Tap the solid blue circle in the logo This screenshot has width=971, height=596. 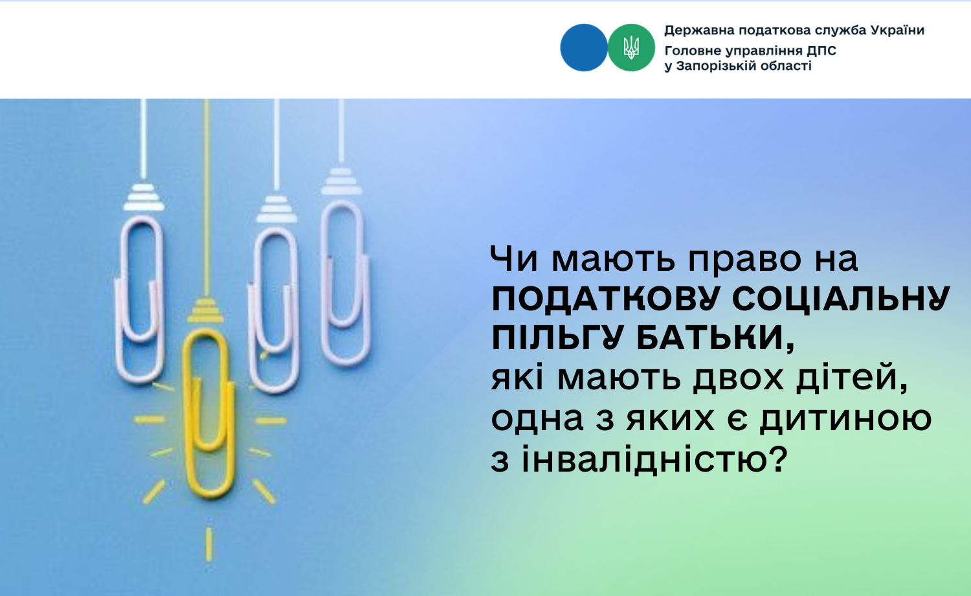click(584, 48)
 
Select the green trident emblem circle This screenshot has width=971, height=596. click(631, 48)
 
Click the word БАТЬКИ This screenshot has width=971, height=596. click(715, 338)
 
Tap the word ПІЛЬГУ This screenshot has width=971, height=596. click(559, 338)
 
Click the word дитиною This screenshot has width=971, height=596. click(845, 419)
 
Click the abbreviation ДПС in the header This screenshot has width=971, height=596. click(821, 51)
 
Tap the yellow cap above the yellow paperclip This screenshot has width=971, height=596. click(205, 310)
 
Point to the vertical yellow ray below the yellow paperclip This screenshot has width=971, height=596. click(209, 544)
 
